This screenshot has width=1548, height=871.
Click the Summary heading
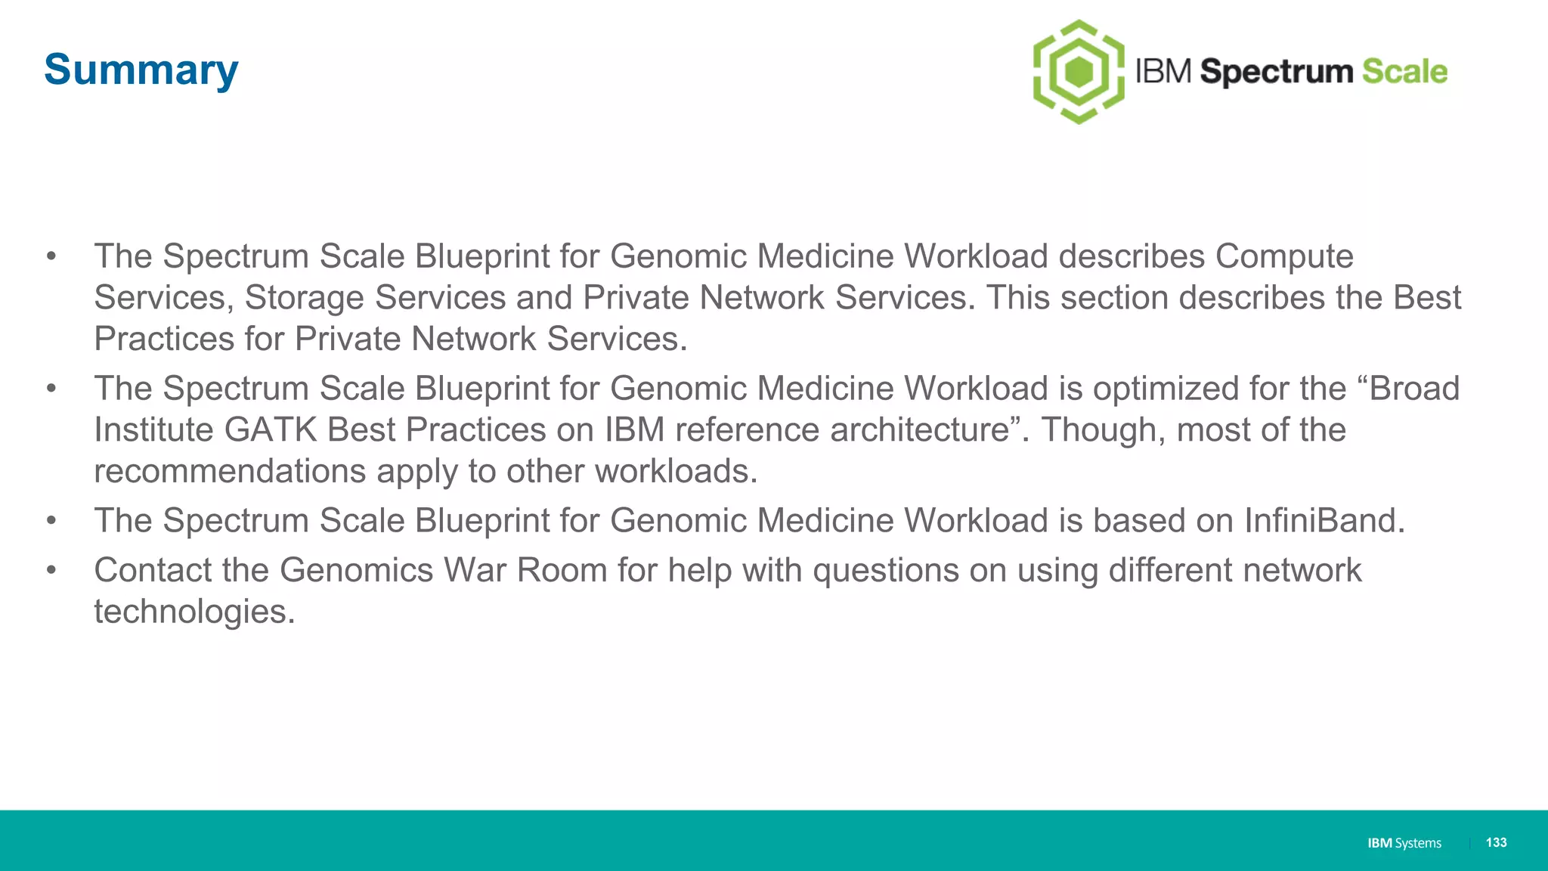(141, 70)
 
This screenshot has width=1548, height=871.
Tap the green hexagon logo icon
(1079, 72)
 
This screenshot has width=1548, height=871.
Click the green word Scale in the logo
(1404, 72)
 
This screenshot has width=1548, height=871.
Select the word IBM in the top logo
(1164, 72)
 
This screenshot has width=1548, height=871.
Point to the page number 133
(1496, 842)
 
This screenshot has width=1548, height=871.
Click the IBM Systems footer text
(1404, 843)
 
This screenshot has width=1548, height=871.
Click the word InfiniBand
(1324, 521)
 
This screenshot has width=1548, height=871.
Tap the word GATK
(271, 430)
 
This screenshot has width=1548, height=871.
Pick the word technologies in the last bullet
(193, 612)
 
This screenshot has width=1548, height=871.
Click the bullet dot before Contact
(51, 569)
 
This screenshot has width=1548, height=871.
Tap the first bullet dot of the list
(51, 256)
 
